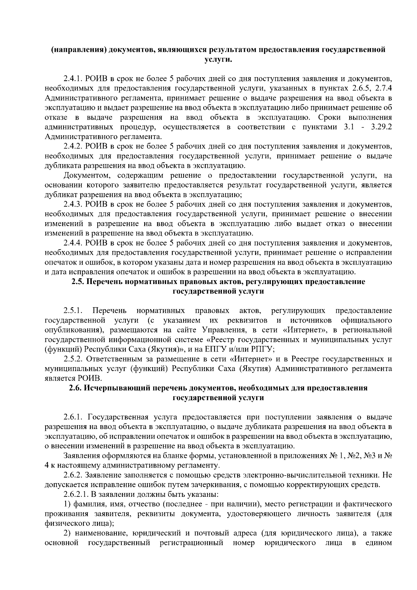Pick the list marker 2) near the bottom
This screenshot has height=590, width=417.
tap(67, 533)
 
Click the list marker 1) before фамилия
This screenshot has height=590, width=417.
tap(67, 504)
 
